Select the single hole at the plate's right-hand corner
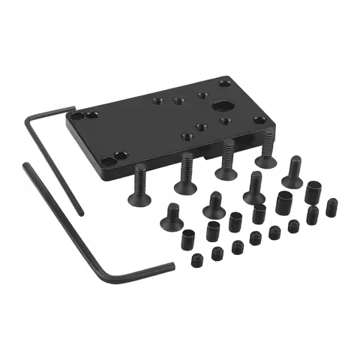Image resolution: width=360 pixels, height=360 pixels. pyautogui.click(x=259, y=120)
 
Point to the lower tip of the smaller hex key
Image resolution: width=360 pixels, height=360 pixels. pyautogui.click(x=174, y=264)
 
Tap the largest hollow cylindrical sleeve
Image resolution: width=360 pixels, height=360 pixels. pyautogui.click(x=284, y=202)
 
